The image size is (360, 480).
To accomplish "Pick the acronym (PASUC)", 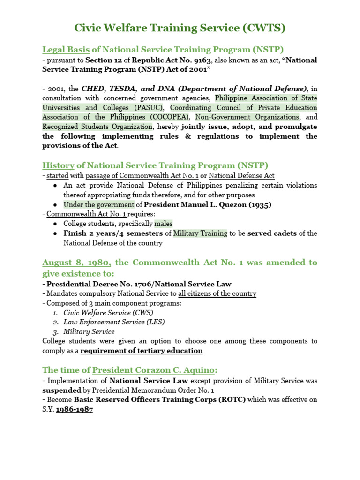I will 148,107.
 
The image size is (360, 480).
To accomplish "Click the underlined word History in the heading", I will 58,165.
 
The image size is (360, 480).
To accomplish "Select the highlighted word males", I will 164,224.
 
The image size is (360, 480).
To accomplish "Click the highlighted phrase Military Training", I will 200,233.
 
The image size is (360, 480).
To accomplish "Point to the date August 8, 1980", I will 76,262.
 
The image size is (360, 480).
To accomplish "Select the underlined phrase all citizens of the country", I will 217,293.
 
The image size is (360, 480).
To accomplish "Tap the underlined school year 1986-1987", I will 74,409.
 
